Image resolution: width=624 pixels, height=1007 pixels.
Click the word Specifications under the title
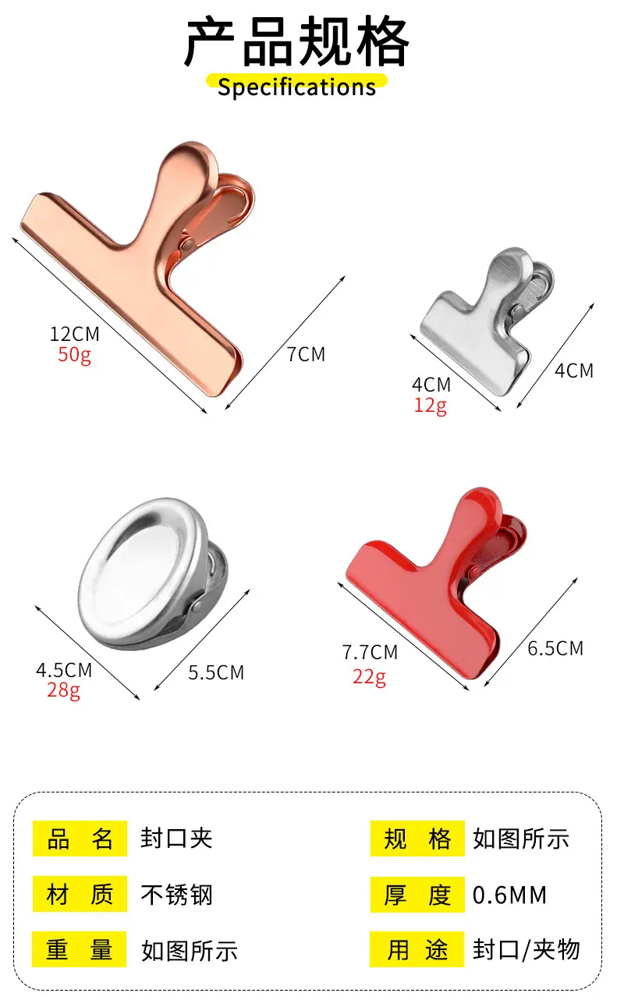[x=296, y=87]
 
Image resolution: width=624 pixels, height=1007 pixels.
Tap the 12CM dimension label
[x=75, y=334]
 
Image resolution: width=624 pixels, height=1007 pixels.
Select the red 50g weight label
[x=75, y=355]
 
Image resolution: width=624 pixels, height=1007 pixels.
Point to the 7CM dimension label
[x=307, y=354]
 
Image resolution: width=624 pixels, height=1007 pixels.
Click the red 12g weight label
[x=431, y=406]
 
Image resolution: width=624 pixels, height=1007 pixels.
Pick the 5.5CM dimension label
[x=216, y=673]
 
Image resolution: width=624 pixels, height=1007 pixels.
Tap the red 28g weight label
[x=64, y=690]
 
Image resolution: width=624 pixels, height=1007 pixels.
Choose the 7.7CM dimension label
[x=370, y=652]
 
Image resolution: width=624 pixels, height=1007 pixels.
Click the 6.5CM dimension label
[x=555, y=649]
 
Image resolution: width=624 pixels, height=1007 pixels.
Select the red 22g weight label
[x=369, y=676]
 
